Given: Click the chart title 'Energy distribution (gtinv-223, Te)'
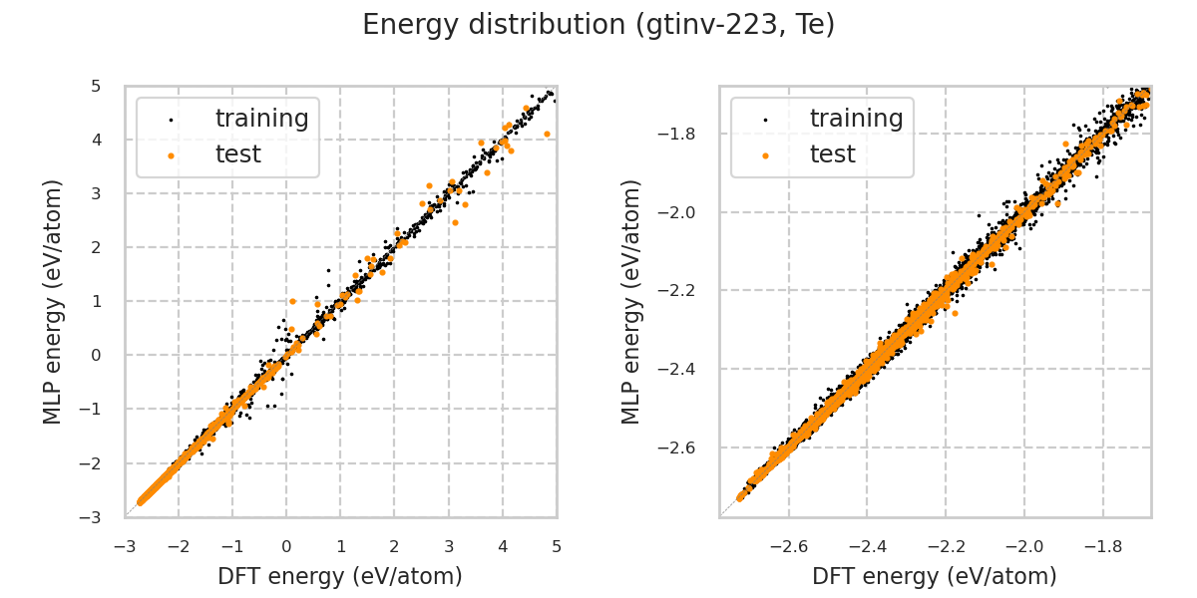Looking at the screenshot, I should pos(598,25).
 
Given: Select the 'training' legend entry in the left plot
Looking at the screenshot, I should pos(261,119).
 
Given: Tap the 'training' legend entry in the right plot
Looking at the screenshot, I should pos(856,119).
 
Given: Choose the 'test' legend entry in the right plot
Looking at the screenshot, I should pos(832,154).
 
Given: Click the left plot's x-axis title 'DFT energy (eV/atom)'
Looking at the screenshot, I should pos(340,576).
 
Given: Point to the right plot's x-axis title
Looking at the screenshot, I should pos(935,576).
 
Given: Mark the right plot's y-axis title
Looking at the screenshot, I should pos(632,301).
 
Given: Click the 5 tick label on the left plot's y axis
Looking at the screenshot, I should pos(96,87).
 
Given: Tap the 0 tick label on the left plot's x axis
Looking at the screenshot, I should pos(286,546).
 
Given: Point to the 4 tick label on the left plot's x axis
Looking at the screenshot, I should pos(503,546).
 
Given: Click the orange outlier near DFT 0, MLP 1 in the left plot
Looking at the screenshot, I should pos(292,301).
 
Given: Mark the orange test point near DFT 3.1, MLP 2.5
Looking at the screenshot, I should pos(455,222).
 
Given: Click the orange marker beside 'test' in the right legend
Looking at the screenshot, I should pos(765,155).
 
